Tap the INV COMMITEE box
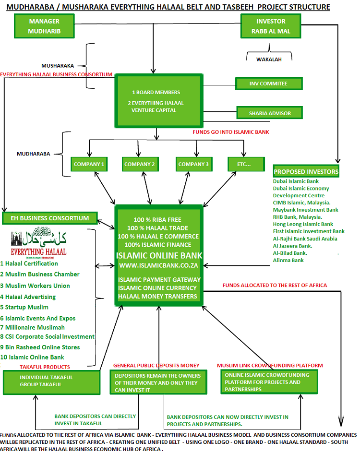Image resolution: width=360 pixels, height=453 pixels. (268, 83)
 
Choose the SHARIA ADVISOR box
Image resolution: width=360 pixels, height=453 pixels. (270, 113)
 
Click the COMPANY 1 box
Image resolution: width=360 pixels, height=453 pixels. (89, 164)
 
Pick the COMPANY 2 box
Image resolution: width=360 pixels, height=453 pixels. (140, 164)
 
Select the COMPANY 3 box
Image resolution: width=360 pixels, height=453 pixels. (193, 164)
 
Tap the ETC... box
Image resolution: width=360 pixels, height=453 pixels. (246, 164)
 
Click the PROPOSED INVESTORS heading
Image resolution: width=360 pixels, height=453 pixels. (306, 172)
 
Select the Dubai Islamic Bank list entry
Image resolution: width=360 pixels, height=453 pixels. (296, 181)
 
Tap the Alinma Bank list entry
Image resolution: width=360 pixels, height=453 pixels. (288, 260)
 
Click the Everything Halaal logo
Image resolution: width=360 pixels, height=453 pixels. (38, 242)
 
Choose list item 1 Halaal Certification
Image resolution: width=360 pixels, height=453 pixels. (29, 263)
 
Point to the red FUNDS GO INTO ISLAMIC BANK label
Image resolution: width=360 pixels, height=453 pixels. (230, 131)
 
